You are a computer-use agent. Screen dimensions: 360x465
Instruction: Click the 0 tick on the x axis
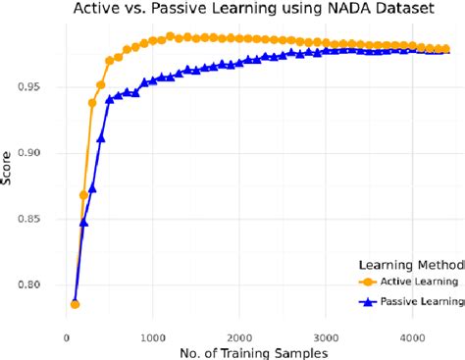click(x=66, y=337)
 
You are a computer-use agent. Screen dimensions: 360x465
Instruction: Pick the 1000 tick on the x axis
click(x=152, y=337)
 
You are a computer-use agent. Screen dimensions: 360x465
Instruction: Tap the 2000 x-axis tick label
click(x=238, y=337)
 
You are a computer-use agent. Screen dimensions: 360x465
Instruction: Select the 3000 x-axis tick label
click(x=325, y=337)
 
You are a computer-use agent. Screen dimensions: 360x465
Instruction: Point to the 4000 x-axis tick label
click(x=411, y=337)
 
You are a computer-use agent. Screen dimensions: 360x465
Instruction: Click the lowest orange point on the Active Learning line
click(x=75, y=304)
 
